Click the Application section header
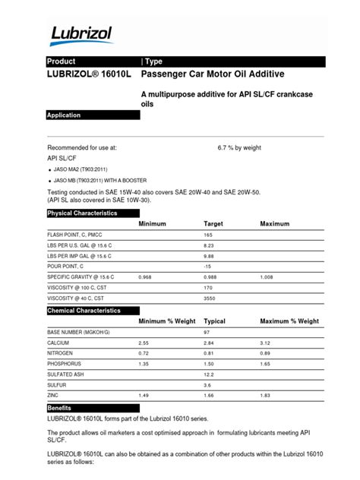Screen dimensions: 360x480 [65, 115]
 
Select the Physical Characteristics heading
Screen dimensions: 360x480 [83, 213]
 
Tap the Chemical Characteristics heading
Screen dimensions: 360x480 [84, 311]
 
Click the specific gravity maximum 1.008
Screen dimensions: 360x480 [270, 278]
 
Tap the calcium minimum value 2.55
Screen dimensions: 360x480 [144, 343]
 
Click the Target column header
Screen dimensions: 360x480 [213, 225]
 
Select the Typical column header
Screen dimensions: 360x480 [215, 321]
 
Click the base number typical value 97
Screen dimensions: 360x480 [207, 333]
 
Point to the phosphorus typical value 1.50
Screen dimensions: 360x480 [210, 365]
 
